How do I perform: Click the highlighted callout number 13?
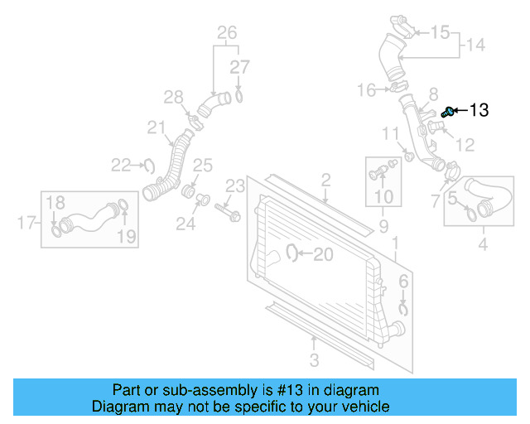[x=479, y=110]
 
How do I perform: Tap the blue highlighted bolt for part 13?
[x=449, y=111]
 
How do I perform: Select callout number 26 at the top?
[x=227, y=33]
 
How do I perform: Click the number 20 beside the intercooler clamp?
[x=323, y=254]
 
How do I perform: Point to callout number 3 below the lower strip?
[x=314, y=359]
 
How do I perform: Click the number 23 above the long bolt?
[x=236, y=185]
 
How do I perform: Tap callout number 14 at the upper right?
[x=476, y=45]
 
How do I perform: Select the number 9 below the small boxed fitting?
[x=383, y=225]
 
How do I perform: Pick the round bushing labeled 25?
[x=189, y=192]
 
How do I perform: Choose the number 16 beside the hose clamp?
[x=367, y=89]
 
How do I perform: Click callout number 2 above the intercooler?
[x=325, y=180]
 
